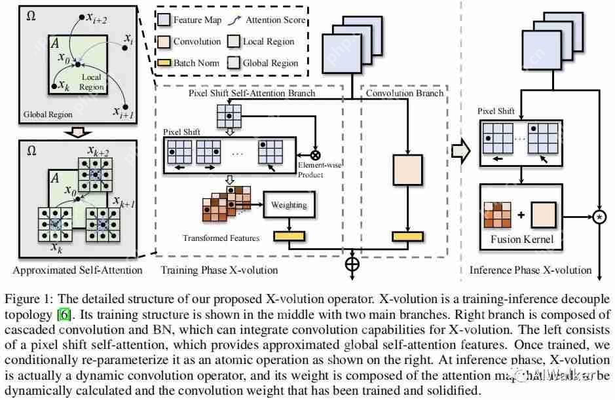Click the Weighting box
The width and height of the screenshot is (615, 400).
point(289,205)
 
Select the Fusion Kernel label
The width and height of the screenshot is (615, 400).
point(522,239)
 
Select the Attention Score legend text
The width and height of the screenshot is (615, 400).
point(275,20)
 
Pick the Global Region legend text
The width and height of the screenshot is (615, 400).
point(270,64)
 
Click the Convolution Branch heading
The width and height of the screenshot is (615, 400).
point(404,94)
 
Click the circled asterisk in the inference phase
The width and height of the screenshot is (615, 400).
point(598,215)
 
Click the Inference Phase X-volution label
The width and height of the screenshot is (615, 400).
point(522,270)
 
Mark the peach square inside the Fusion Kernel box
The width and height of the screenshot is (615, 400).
point(542,214)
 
